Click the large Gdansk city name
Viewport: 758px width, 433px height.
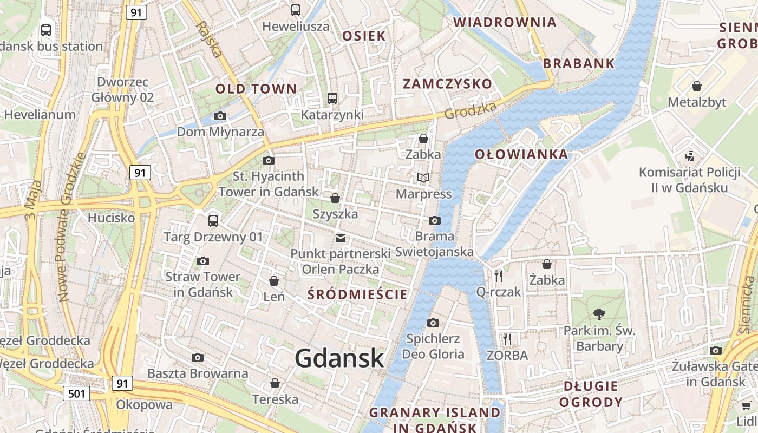tap(339, 358)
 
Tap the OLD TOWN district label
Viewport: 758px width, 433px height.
tap(256, 89)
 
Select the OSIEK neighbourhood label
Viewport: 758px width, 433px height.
tap(364, 36)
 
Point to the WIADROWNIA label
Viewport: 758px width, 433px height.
tap(505, 22)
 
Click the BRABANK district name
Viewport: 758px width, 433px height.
tap(579, 63)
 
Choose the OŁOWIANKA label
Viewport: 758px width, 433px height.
tap(521, 154)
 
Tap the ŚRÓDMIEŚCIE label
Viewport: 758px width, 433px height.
tap(357, 294)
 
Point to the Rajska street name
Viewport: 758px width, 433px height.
tap(209, 40)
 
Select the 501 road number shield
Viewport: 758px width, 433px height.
tap(76, 393)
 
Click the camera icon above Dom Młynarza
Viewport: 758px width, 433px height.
tap(220, 116)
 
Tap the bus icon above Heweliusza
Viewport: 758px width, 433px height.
tap(296, 10)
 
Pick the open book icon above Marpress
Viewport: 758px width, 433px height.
tap(423, 178)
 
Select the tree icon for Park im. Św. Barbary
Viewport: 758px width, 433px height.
tap(599, 313)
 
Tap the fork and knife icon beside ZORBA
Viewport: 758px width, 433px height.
tap(507, 339)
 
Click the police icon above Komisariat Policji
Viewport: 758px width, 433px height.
tap(689, 156)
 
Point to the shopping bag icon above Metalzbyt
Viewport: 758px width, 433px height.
tap(696, 86)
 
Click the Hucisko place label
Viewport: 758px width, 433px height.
tap(111, 218)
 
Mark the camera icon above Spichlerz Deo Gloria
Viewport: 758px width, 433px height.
tap(433, 323)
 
